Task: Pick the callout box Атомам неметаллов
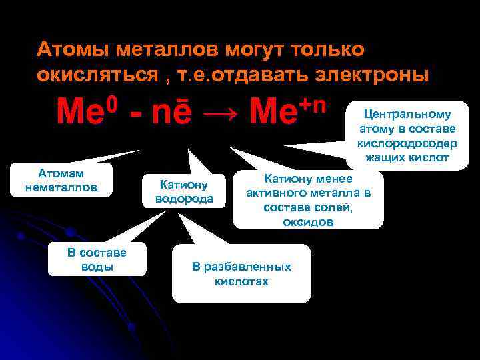coord(61,181)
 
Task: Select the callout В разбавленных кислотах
coord(241,273)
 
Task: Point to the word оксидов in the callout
coord(308,223)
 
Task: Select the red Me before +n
coord(273,113)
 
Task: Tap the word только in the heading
coord(327,49)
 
